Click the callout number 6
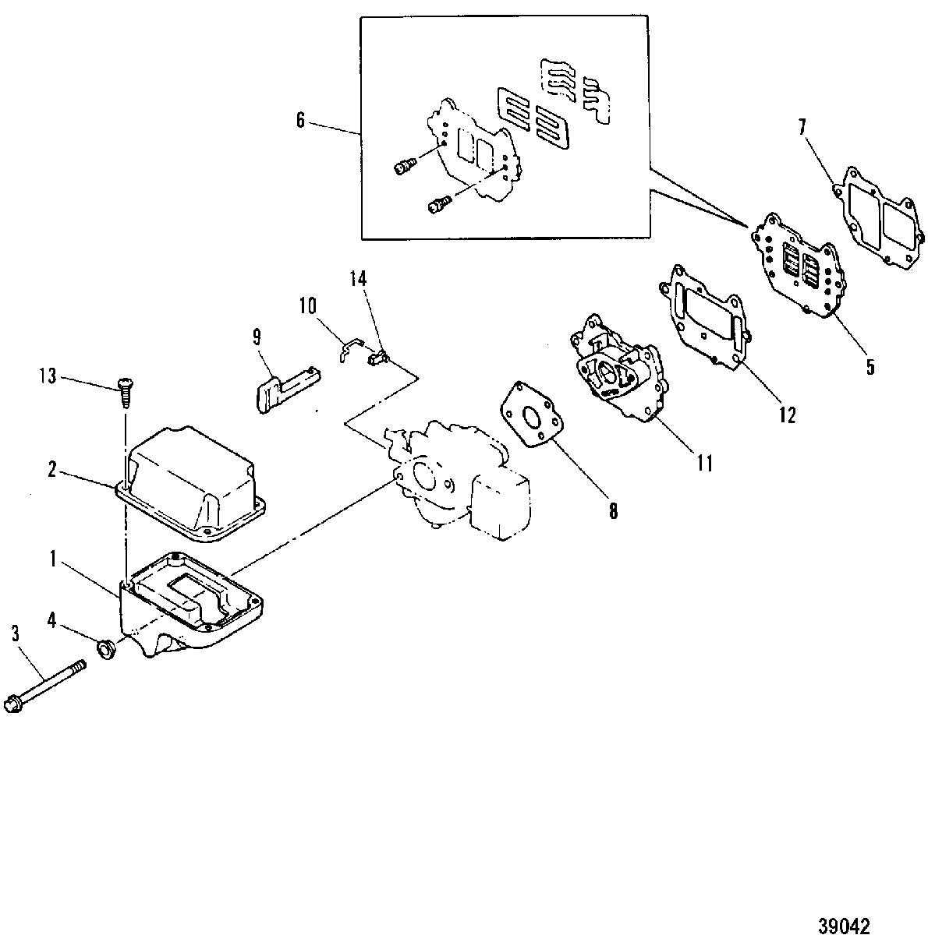point(300,120)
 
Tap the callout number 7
point(802,128)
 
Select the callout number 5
point(870,367)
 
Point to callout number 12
point(788,415)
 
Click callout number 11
point(704,464)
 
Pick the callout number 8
point(613,511)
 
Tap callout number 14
point(358,278)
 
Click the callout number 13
point(48,376)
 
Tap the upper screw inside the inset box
point(403,166)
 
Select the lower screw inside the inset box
point(440,204)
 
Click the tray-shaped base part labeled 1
point(190,604)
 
